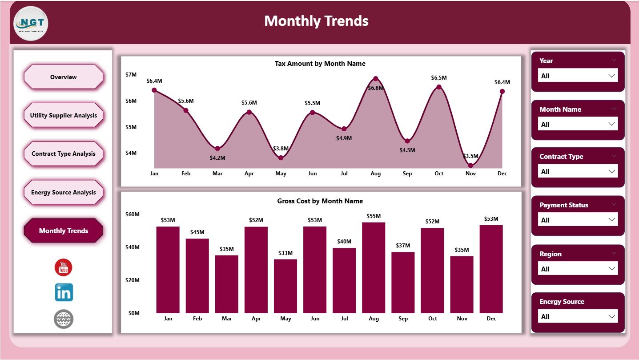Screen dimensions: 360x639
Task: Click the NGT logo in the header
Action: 31,23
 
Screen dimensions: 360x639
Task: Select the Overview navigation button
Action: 63,77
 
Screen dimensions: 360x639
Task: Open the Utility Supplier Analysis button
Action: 63,115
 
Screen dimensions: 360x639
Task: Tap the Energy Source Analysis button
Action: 63,192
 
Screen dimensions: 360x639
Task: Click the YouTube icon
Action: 63,267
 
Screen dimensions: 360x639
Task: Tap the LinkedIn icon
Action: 64,292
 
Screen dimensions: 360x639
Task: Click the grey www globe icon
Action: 64,319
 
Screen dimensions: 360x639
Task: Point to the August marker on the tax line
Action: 376,79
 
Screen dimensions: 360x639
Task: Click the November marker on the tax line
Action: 470,166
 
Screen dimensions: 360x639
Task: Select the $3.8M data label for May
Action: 281,148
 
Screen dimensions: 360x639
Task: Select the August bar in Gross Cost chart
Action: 374,267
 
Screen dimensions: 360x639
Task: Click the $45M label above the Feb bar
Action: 197,232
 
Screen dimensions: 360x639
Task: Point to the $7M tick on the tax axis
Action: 131,74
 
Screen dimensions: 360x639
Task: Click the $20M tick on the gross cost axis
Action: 132,280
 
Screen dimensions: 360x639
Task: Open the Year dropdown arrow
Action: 611,76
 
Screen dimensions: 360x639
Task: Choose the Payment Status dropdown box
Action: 578,220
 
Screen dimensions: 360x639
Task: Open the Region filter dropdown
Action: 578,269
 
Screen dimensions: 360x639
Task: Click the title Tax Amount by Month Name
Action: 320,64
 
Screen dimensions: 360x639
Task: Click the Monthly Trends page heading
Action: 316,21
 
